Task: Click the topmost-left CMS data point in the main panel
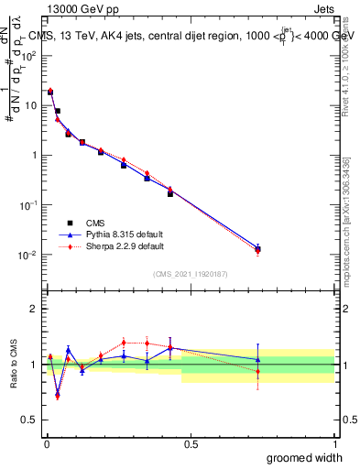[x=50, y=93]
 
